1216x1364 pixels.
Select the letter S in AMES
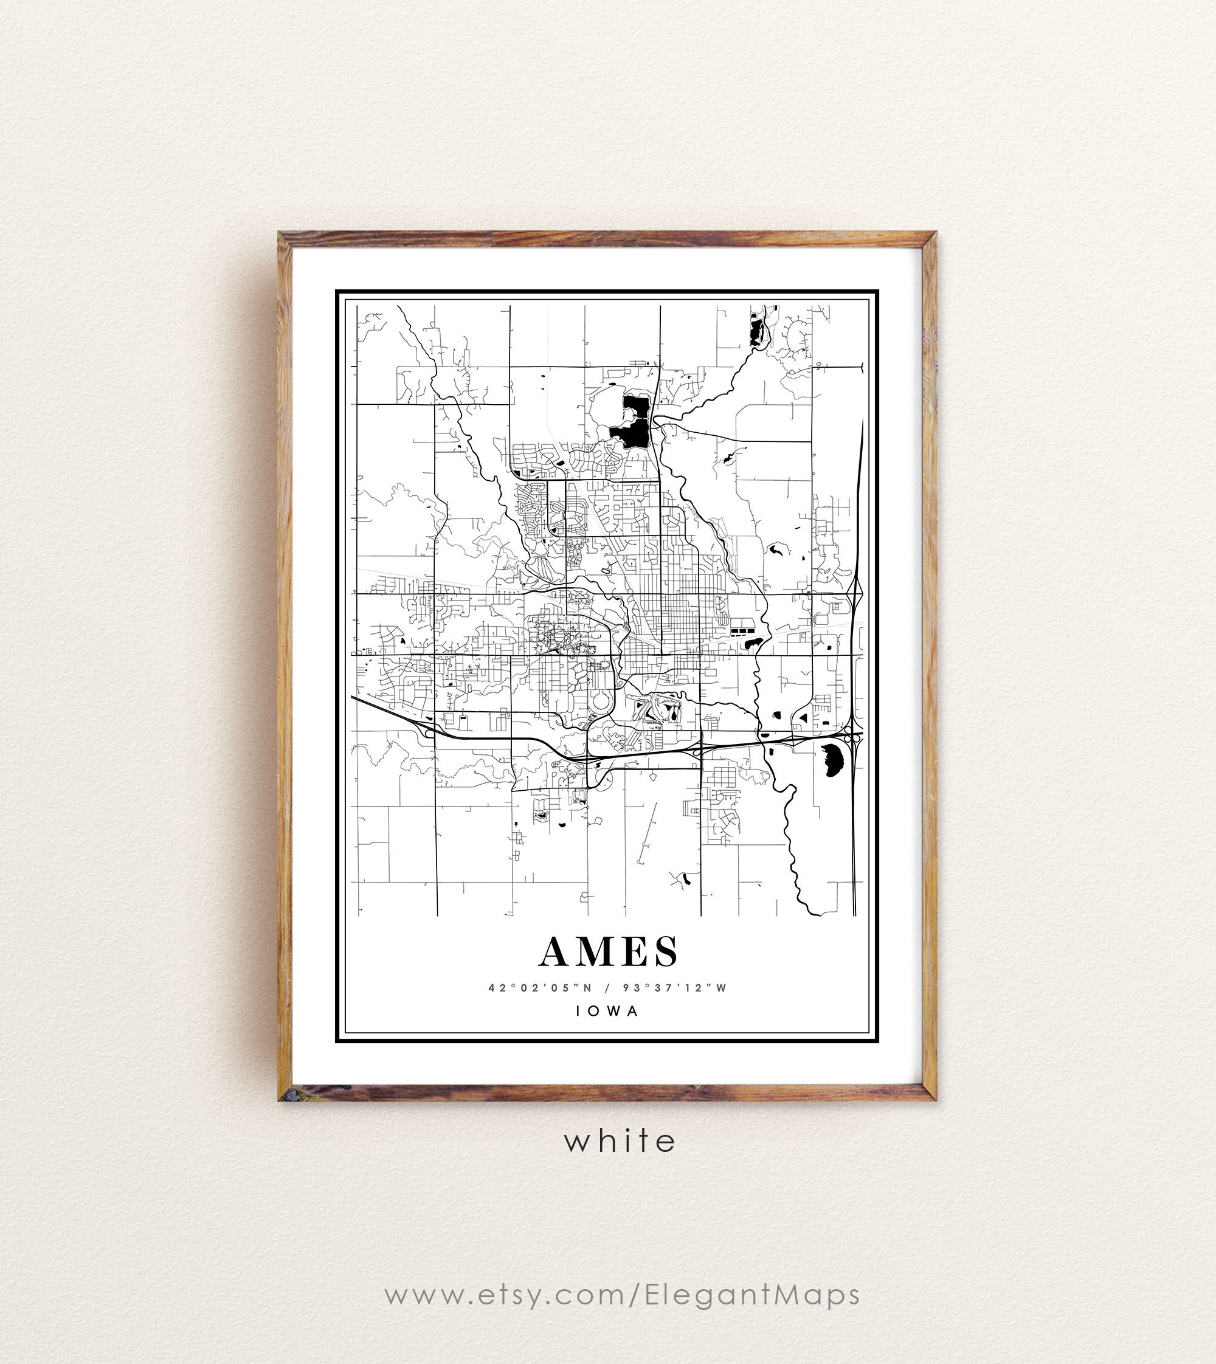tap(666, 951)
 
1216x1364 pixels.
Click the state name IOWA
tap(608, 1011)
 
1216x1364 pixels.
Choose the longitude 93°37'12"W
tap(674, 987)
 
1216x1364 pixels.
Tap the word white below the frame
tap(620, 1140)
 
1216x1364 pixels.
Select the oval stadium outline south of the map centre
tap(599, 702)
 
